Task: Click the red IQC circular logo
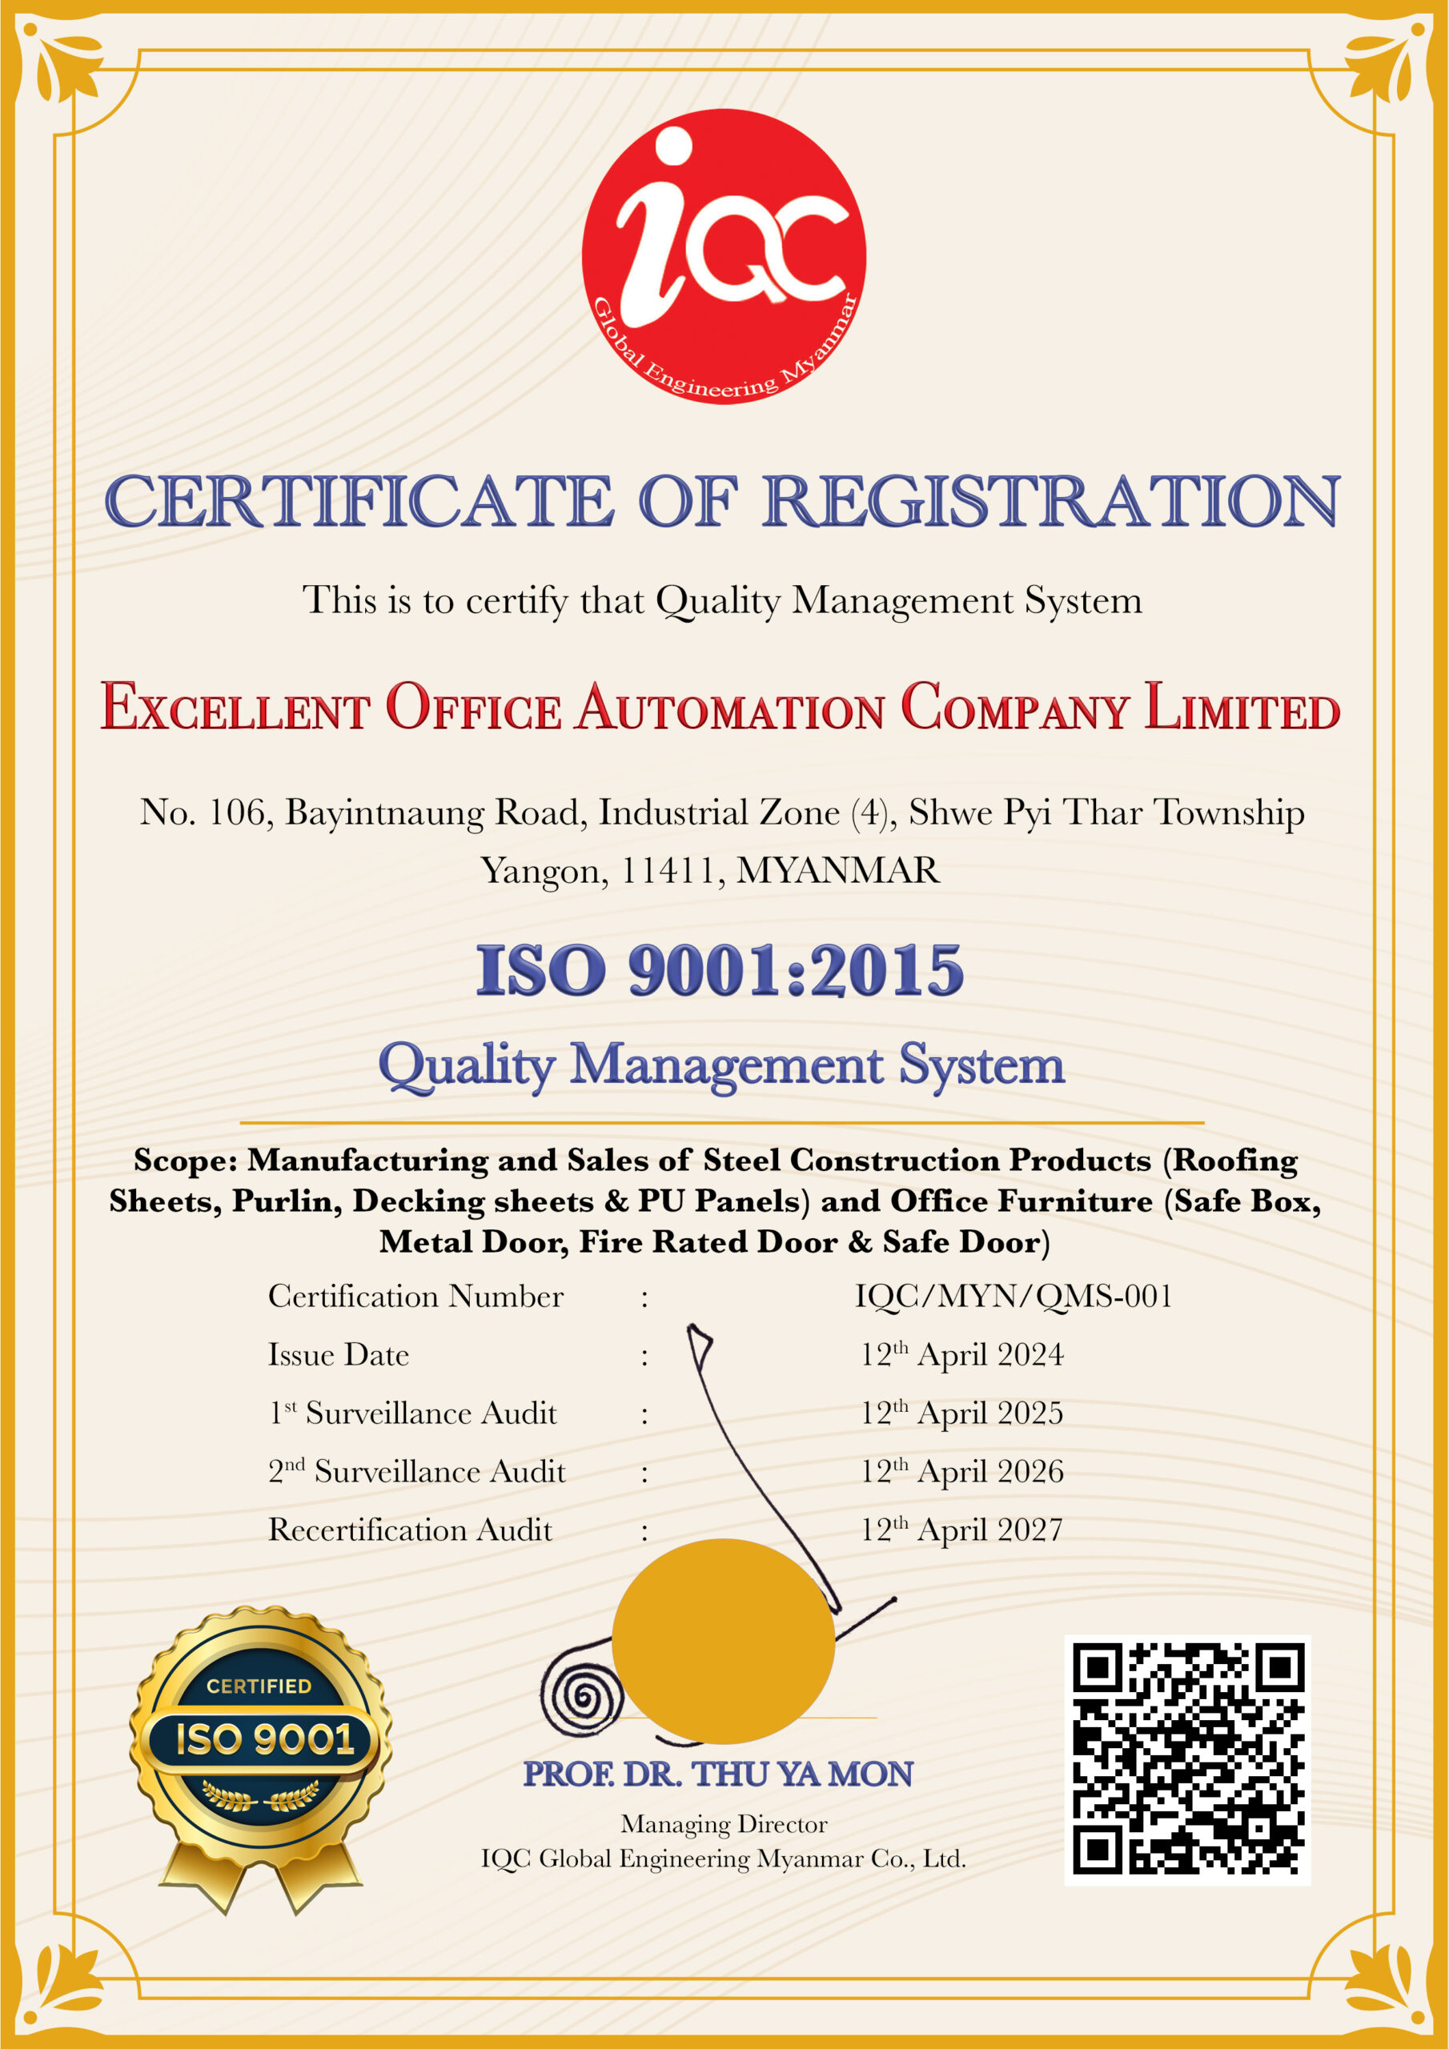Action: pyautogui.click(x=724, y=256)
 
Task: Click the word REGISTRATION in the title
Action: pyautogui.click(x=1051, y=502)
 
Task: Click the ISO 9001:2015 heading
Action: pyautogui.click(x=720, y=970)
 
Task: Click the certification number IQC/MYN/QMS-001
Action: pyautogui.click(x=1013, y=1296)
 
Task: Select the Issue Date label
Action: pyautogui.click(x=339, y=1355)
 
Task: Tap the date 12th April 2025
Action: pyautogui.click(x=961, y=1413)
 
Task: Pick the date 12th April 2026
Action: pyautogui.click(x=961, y=1470)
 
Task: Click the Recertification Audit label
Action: pyautogui.click(x=410, y=1530)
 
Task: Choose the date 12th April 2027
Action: pyautogui.click(x=961, y=1530)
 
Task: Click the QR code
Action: pyautogui.click(x=1187, y=1758)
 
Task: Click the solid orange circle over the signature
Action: pyautogui.click(x=723, y=1640)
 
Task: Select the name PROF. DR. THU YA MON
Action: pyautogui.click(x=718, y=1774)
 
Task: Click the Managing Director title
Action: pyautogui.click(x=724, y=1824)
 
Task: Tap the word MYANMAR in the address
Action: pyautogui.click(x=837, y=870)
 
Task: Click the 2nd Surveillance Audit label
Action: pyautogui.click(x=417, y=1470)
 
